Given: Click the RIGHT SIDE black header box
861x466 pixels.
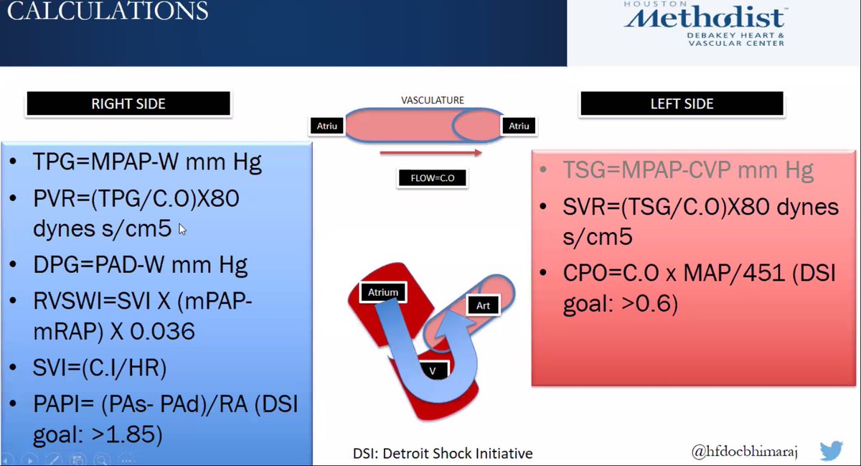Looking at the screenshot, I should [x=128, y=104].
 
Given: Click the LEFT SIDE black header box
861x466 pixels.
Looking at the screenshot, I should [x=682, y=104].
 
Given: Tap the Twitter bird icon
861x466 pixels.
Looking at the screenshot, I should [x=830, y=451].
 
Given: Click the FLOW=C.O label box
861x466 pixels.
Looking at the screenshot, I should [x=432, y=177].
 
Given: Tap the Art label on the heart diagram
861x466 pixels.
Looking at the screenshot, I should [x=483, y=306].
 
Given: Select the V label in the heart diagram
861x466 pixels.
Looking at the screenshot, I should [x=433, y=370].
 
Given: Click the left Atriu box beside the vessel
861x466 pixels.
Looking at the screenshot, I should [x=326, y=126].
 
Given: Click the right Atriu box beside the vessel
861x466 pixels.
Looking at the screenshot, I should [x=518, y=126].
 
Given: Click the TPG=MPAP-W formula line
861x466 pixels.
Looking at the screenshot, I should [x=147, y=162].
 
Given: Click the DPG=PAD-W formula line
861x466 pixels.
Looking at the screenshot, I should [x=140, y=265].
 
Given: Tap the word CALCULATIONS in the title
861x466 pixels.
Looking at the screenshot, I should [x=108, y=11].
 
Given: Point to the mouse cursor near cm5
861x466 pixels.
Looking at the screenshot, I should [x=182, y=229].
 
